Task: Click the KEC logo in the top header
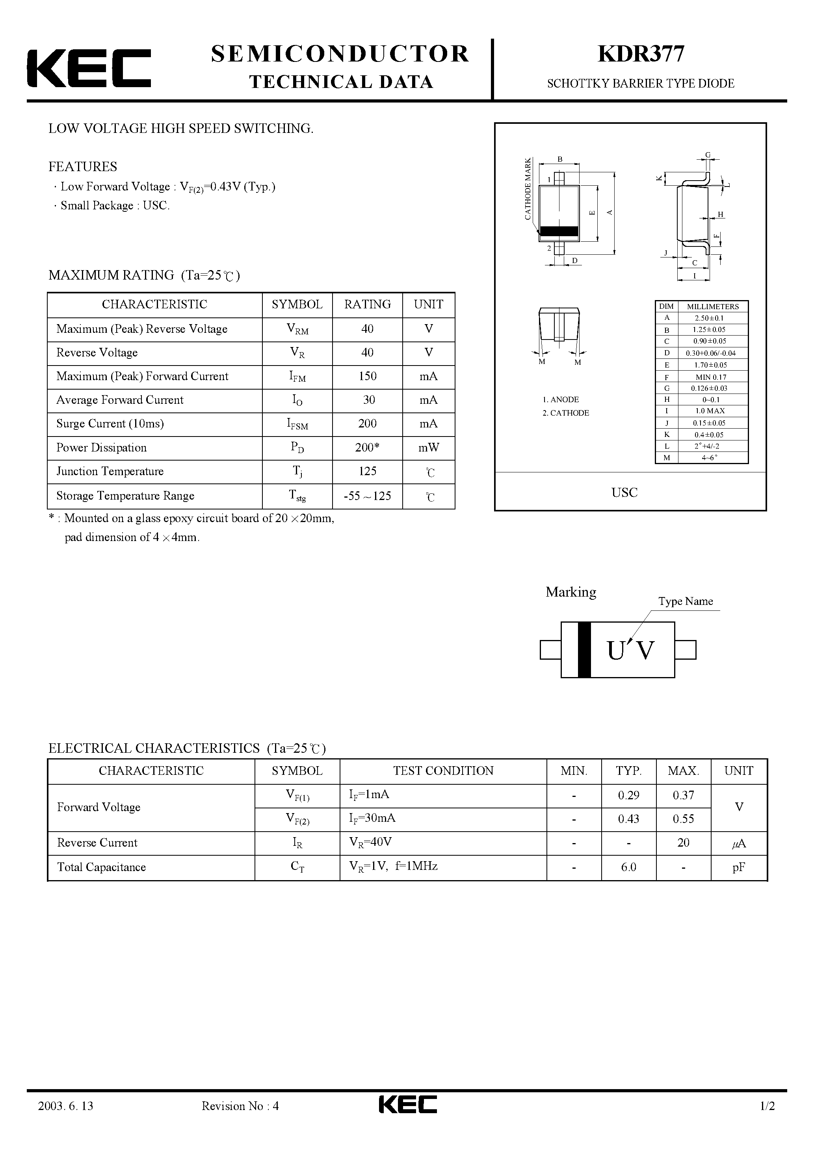point(89,68)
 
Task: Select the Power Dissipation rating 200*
point(367,448)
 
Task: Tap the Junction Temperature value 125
point(367,471)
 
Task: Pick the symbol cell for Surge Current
point(297,424)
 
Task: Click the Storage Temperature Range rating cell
point(367,496)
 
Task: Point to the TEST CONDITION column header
point(443,771)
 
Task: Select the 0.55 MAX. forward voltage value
point(683,819)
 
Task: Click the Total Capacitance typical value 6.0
point(628,867)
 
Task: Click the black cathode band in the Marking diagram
point(584,650)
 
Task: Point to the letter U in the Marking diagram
point(615,651)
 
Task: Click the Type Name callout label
point(686,601)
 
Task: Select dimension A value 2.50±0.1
point(710,318)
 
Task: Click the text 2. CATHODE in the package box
point(566,413)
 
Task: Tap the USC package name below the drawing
point(624,493)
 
